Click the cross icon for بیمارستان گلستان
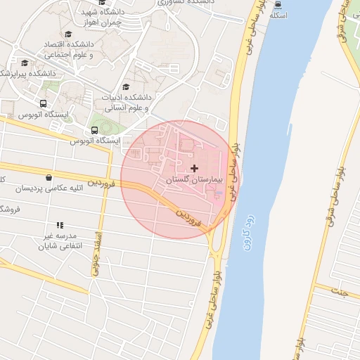click(x=195, y=168)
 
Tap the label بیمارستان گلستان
click(x=193, y=180)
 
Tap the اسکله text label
click(x=278, y=15)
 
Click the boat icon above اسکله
click(x=278, y=4)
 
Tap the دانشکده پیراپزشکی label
click(x=28, y=73)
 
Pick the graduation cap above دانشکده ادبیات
click(x=126, y=86)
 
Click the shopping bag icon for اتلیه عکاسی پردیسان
click(x=48, y=178)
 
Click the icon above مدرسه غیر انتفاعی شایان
click(x=60, y=225)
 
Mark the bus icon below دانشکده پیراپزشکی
click(x=43, y=103)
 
